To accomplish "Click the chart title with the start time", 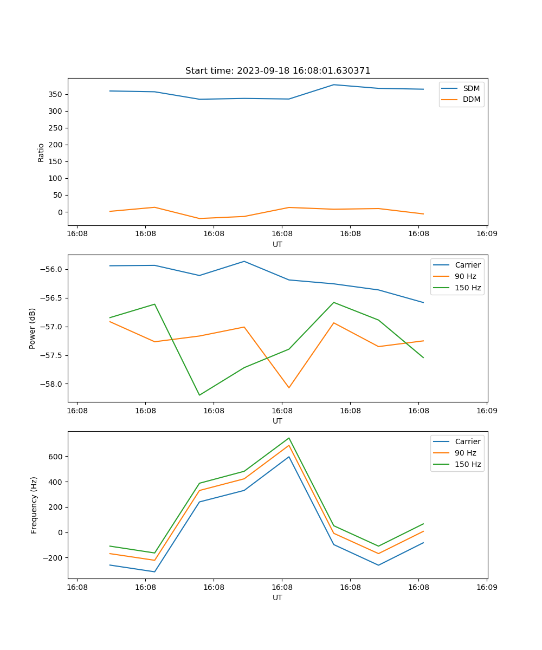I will click(278, 71).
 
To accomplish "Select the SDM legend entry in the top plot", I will click(471, 88).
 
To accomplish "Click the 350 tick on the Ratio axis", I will click(55, 94).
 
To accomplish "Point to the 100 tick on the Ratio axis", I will click(55, 178).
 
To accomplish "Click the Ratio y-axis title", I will click(41, 152).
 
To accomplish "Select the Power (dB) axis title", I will click(33, 328).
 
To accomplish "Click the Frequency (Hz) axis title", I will click(34, 505).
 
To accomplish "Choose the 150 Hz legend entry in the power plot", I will click(468, 288).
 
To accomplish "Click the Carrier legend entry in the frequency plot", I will click(467, 441).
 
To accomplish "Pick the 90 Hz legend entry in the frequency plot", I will click(465, 453).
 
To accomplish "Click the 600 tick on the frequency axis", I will click(56, 457).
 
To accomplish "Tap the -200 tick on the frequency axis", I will click(54, 558).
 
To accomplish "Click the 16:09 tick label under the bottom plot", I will click(486, 587).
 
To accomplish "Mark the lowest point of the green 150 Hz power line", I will click(199, 395).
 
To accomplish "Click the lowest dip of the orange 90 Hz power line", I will click(289, 388).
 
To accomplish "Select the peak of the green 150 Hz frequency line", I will click(289, 438).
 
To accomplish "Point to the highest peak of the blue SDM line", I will click(334, 84).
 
